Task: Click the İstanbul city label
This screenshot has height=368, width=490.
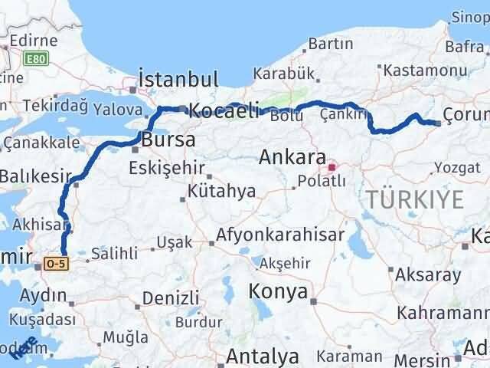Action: point(178,80)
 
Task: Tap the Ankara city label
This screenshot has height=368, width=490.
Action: point(293,157)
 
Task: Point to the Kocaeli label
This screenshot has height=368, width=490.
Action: point(224,110)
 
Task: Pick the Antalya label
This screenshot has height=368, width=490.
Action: point(262,356)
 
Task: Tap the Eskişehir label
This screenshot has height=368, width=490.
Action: point(167,167)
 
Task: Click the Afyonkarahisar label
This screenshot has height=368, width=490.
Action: point(279,235)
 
